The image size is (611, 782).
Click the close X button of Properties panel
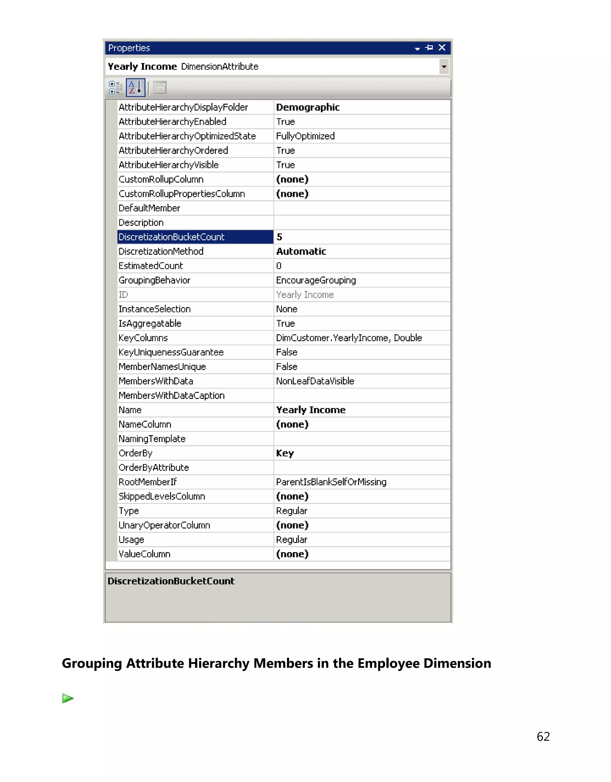tap(442, 48)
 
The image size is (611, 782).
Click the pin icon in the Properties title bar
tap(429, 48)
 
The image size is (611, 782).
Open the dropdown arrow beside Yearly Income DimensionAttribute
tap(444, 67)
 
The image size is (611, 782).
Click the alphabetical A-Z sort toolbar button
tap(135, 87)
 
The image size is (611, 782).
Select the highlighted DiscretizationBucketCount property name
tap(172, 237)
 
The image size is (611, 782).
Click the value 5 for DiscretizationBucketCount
tap(280, 237)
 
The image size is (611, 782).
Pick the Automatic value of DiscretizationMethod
tap(301, 251)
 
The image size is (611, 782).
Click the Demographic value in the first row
tap(308, 107)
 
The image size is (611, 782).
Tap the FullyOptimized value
tap(305, 136)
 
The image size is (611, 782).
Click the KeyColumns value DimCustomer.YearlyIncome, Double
tap(349, 338)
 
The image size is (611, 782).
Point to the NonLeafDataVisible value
tap(315, 381)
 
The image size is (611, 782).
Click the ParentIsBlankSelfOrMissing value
tap(331, 482)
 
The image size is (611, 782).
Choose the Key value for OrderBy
tap(285, 453)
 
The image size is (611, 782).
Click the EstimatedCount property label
tap(151, 266)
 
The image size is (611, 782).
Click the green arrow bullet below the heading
tap(67, 698)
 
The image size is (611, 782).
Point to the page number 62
tap(543, 737)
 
